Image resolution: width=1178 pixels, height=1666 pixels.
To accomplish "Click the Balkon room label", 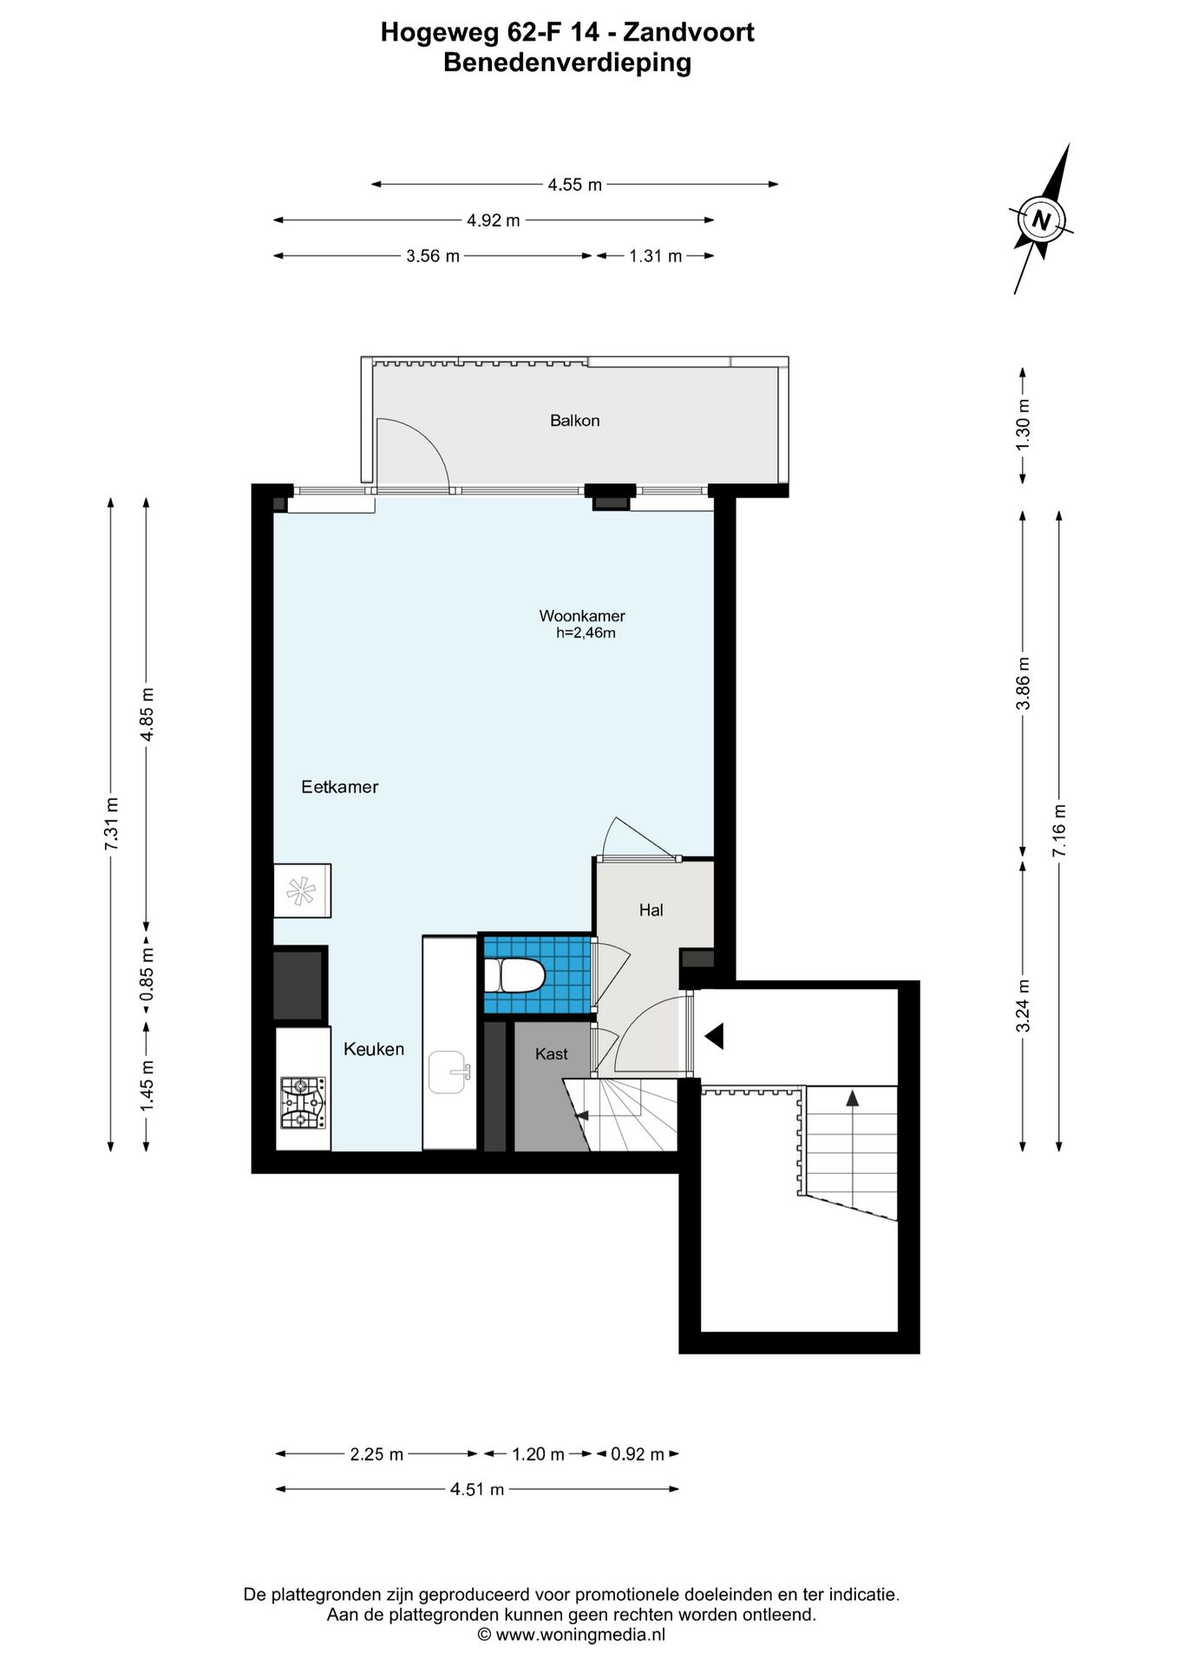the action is pos(574,421).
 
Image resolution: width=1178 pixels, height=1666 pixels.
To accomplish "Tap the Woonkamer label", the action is pos(582,616).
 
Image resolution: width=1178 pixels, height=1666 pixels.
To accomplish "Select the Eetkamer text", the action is pos(340,787).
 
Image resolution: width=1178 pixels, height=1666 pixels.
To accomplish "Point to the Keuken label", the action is pos(374,1049).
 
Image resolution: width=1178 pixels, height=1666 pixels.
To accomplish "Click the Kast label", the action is pos(552,1054).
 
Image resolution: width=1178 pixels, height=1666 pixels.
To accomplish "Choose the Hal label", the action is pos(651,910).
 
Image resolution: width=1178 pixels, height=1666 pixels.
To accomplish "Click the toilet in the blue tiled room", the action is pos(514,974).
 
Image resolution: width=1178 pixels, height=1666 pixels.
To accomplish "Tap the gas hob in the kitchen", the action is pos(303,1103).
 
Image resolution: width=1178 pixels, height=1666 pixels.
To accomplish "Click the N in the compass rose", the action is pos(1041,220).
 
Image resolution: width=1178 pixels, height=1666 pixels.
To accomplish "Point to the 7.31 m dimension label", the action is pos(111,824).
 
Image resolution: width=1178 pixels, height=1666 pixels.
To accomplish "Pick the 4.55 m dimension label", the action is pos(575,185).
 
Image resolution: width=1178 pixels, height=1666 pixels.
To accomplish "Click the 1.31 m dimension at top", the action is pos(656,256).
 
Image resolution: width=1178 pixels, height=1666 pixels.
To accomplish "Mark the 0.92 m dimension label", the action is pos(638,1454).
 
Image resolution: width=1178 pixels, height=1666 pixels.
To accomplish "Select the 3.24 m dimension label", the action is pos(1024,1006).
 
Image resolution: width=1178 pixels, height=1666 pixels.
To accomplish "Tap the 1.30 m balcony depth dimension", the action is pos(1024,423).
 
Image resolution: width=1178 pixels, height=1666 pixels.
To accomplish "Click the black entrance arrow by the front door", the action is pos(714,1036).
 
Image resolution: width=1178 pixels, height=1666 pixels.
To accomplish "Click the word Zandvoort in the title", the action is pos(689,33).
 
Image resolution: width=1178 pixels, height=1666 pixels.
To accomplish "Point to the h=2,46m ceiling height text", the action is pos(586,633).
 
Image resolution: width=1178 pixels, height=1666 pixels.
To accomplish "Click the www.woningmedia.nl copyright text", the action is pos(572,1635).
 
